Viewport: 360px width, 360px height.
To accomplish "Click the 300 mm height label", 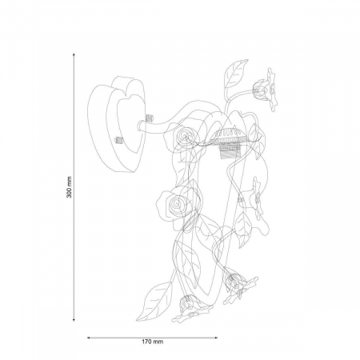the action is point(70,187).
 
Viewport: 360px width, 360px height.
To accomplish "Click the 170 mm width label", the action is point(152,342).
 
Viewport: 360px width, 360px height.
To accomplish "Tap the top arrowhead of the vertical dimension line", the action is point(74,54).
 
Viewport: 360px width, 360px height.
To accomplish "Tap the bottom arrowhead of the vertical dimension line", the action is point(74,319).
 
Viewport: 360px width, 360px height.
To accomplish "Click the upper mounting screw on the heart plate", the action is point(150,118).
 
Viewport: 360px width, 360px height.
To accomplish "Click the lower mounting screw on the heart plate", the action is point(118,140).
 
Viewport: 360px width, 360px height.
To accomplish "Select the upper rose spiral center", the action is point(185,135).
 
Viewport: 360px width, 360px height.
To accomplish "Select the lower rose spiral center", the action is point(176,204).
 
